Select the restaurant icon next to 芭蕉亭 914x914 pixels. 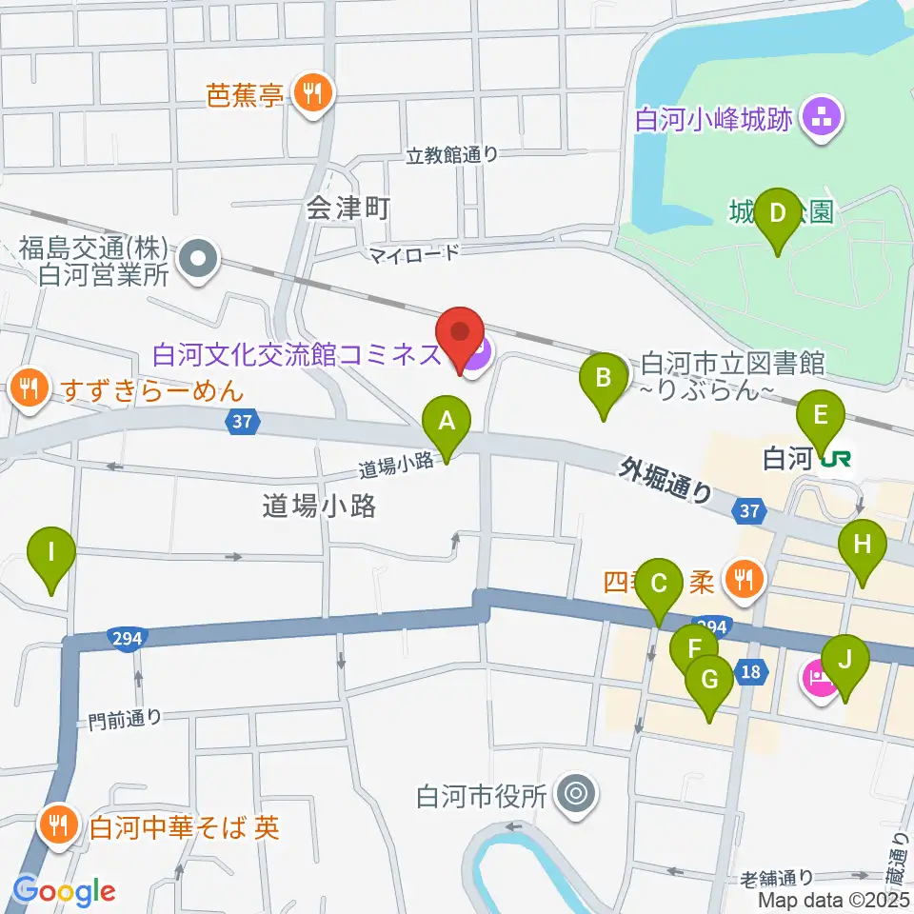coord(311,93)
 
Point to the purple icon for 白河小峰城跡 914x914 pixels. coord(818,119)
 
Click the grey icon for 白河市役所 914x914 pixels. coord(575,792)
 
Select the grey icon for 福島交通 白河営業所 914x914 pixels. coord(198,256)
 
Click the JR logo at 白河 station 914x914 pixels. coord(836,460)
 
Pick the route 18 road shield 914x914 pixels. coord(751,672)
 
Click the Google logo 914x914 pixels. coord(64,891)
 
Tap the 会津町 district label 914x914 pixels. coord(348,209)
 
